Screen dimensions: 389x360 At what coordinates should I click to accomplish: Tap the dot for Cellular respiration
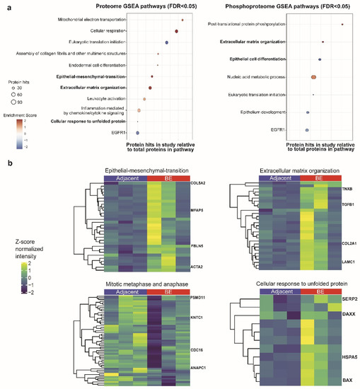click(x=175, y=32)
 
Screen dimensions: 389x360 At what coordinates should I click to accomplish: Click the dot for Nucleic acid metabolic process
click(x=313, y=77)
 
